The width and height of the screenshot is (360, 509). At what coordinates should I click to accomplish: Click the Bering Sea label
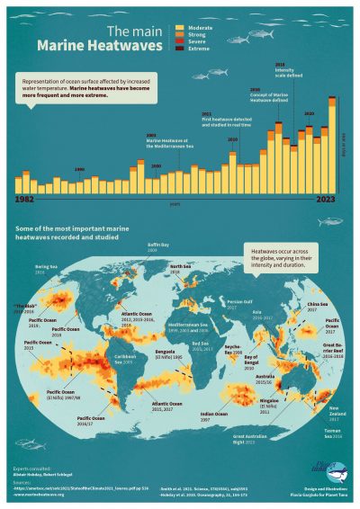coord(46,269)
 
